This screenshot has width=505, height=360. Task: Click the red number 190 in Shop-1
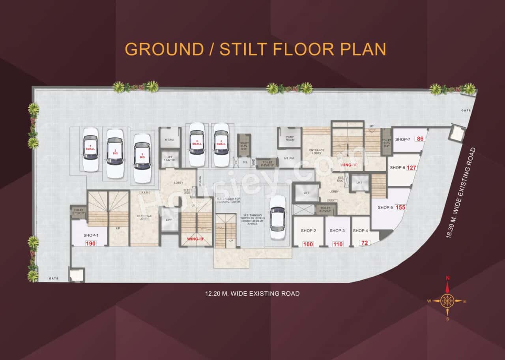coord(91,244)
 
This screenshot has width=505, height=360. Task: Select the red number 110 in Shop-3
coord(338,244)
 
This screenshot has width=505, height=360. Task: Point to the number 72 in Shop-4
coord(364,243)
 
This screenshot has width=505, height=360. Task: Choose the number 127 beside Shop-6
coord(411,168)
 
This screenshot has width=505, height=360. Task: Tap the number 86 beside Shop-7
coord(420,139)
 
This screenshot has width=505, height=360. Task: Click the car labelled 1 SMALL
coord(91,149)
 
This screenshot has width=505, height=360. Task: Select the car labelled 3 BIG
coord(142,158)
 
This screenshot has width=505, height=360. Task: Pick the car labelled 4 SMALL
coord(196,144)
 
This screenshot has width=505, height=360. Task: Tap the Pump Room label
coord(290,138)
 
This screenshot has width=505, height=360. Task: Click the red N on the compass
coord(447,278)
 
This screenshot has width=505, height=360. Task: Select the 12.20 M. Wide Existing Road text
coord(252,294)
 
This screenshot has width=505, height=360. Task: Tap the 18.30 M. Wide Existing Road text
coord(459,192)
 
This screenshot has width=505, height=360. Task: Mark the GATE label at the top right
coord(466,111)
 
